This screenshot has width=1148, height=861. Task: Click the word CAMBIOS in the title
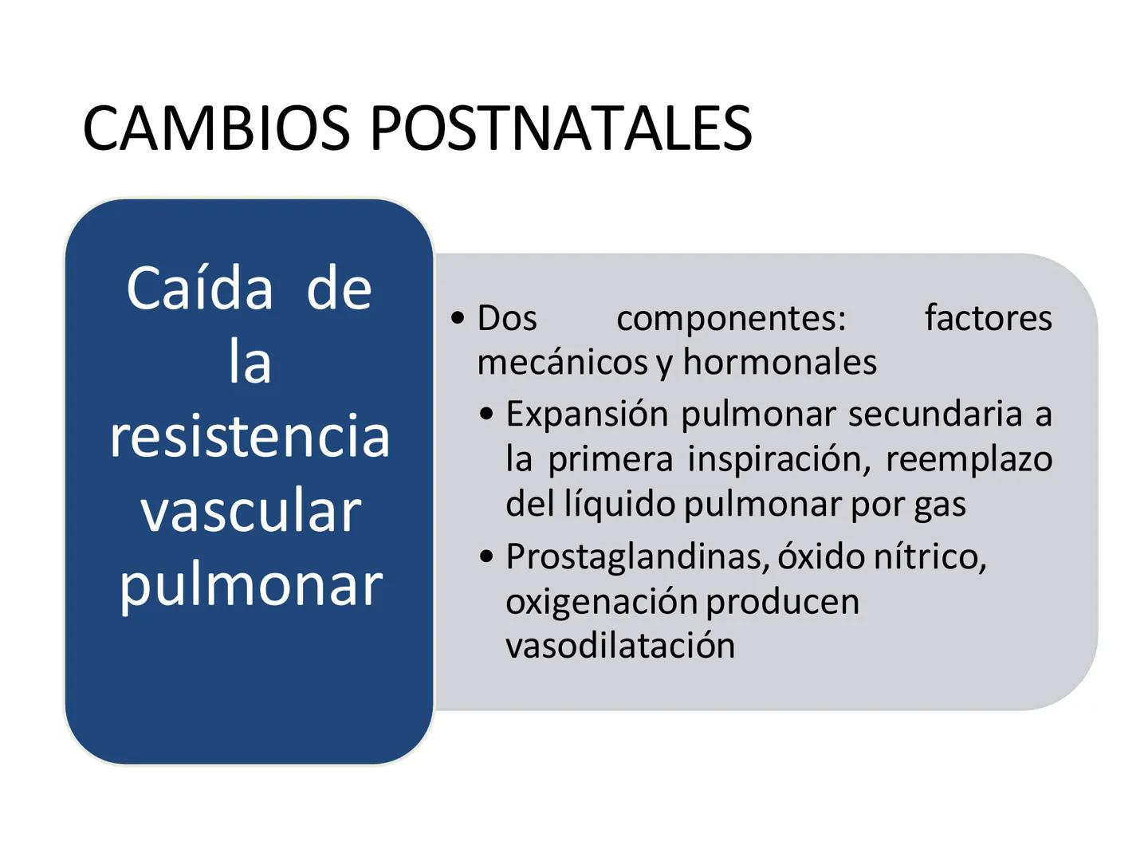tap(216, 128)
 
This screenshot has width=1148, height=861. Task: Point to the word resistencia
tap(250, 436)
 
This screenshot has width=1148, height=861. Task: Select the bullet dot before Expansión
tap(486, 415)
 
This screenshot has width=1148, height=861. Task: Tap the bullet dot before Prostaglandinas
tap(486, 556)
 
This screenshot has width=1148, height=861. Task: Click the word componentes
tap(731, 318)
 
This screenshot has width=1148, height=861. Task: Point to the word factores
tap(988, 318)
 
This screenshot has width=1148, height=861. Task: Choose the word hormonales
tap(779, 363)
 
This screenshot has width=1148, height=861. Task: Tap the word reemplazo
tap(968, 459)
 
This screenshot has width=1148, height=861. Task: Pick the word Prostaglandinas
tap(637, 556)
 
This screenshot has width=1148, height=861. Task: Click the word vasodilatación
tap(620, 645)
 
